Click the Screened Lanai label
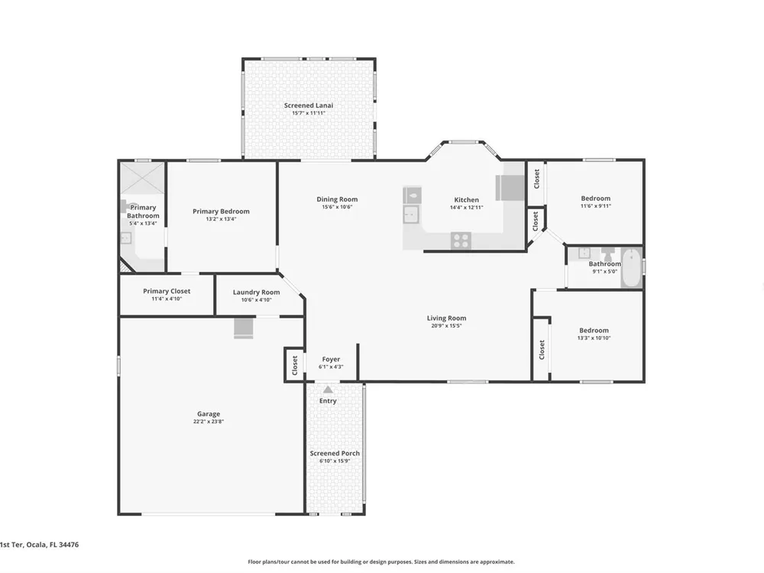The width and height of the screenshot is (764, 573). [x=309, y=105]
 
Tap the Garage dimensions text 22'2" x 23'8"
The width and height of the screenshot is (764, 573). [x=209, y=422]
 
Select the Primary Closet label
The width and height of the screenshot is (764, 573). [x=167, y=291]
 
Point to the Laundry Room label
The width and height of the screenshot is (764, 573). [x=256, y=293]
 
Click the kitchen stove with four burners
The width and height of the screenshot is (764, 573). [x=461, y=240]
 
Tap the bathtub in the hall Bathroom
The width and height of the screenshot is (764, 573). [x=632, y=267]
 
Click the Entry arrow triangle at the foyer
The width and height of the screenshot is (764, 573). [x=328, y=390]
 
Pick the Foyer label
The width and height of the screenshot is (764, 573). [x=332, y=359]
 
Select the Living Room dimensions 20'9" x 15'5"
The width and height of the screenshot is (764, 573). [x=446, y=326]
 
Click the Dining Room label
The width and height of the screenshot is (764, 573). [x=337, y=199]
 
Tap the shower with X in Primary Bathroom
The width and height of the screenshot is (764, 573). [x=142, y=179]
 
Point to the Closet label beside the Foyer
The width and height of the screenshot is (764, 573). [x=295, y=365]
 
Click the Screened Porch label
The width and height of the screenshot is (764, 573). [x=335, y=453]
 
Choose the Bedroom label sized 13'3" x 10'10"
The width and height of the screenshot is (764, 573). [x=594, y=330]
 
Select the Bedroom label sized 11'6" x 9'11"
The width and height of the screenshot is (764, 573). [x=595, y=199]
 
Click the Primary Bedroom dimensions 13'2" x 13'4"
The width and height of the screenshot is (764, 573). [x=222, y=219]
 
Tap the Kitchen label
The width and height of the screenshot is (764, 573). [x=466, y=199]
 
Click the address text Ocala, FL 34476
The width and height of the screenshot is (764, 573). [x=52, y=545]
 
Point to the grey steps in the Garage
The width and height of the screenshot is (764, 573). [x=244, y=328]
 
